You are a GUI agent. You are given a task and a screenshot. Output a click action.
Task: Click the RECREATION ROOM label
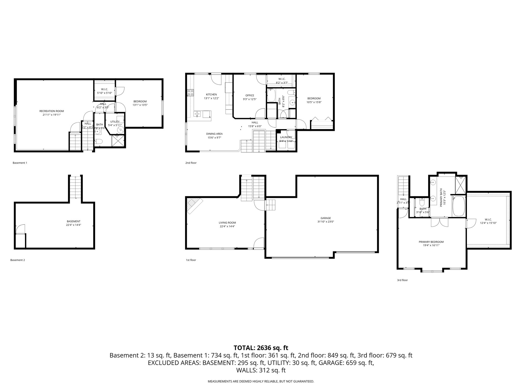(x=51, y=111)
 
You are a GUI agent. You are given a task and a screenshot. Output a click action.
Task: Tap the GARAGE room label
(x=325, y=218)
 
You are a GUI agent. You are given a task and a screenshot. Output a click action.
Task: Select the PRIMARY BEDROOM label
(x=431, y=242)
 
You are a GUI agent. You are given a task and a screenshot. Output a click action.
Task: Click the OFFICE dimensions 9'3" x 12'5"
(x=250, y=99)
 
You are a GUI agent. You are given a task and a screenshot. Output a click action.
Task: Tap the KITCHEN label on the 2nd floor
(x=211, y=94)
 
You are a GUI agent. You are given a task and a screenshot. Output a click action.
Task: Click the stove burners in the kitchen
(x=190, y=92)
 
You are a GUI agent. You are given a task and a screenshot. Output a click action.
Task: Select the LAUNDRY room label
(x=286, y=137)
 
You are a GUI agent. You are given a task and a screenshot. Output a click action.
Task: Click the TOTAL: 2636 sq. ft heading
(x=261, y=348)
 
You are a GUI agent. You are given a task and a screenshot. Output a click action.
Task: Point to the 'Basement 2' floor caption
(x=18, y=260)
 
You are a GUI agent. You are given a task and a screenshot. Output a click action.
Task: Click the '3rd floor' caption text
(x=402, y=280)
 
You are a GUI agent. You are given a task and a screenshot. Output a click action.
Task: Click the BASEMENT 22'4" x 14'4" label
(x=73, y=223)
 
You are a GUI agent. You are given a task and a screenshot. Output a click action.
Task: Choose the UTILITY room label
(x=115, y=122)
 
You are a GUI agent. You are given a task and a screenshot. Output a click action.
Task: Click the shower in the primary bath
(x=461, y=184)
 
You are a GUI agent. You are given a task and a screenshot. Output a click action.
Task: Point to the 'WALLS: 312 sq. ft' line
(x=261, y=370)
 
